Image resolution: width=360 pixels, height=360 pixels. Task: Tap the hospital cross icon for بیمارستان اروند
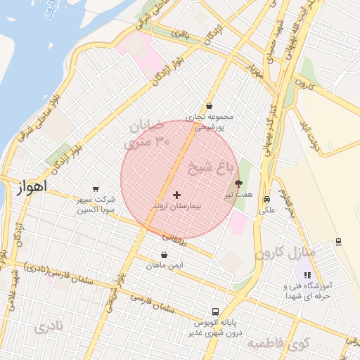[176, 195]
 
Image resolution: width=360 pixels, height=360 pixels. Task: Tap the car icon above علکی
[266, 200]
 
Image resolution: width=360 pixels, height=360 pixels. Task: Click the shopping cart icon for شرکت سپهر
[96, 188]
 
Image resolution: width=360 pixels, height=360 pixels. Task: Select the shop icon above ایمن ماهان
[165, 255]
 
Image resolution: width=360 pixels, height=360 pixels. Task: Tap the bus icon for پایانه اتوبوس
[214, 311]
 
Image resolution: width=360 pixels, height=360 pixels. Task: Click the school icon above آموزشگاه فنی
[307, 275]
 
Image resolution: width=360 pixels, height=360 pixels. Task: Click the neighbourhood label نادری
[49, 327]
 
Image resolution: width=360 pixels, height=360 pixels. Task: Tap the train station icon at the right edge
[339, 242]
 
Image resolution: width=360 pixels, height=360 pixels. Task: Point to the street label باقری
[181, 31]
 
